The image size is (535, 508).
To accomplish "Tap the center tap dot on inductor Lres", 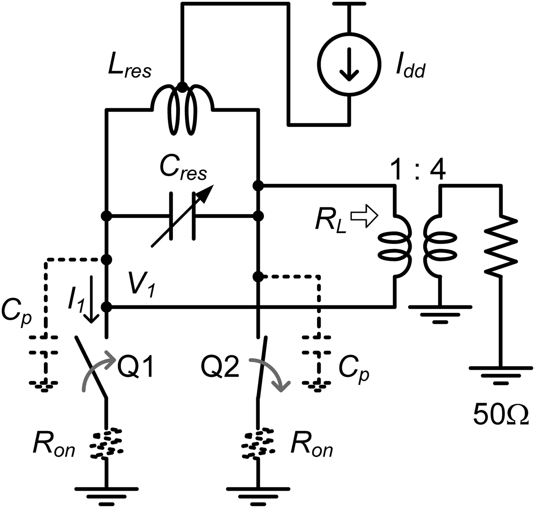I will tap(183, 87).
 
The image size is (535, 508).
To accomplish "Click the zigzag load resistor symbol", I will tap(501, 245).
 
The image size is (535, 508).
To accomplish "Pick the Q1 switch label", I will tap(136, 367).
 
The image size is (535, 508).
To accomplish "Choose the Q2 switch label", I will tap(220, 367).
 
